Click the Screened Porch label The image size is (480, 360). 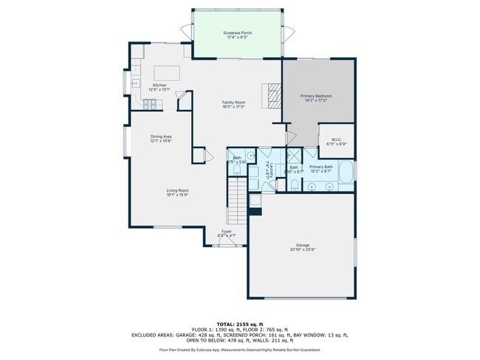point(237,34)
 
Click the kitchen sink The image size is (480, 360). point(135,83)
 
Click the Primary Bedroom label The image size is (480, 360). point(315,96)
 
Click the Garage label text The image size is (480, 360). point(303,245)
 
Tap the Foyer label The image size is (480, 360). point(227,231)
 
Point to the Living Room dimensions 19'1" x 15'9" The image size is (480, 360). point(177,195)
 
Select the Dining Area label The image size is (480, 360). point(162,136)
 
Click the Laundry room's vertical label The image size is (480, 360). point(272,170)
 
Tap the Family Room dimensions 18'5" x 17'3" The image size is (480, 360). point(233,107)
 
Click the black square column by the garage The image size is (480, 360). point(255,211)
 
